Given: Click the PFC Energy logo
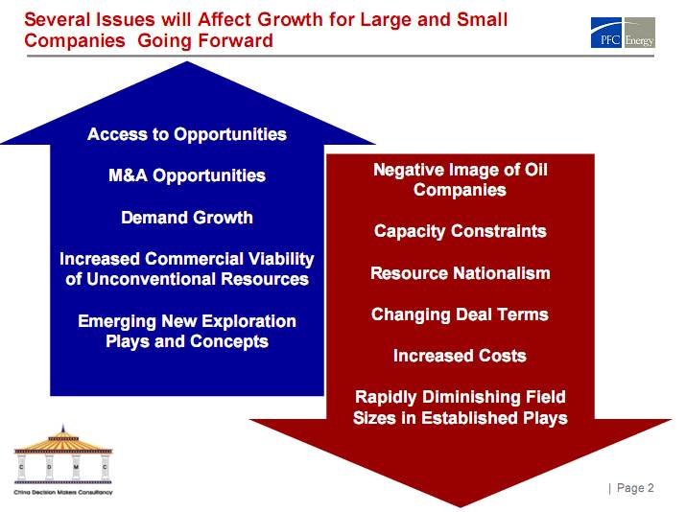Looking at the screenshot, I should tap(623, 35).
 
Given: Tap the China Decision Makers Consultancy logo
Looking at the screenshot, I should tap(63, 459).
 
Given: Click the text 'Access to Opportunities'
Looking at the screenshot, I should tap(187, 134).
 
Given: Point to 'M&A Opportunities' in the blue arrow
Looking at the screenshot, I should tap(187, 175).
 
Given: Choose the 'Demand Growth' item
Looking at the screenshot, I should tap(187, 218).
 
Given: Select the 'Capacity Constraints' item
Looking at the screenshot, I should tap(461, 231).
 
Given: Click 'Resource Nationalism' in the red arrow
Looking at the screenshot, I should tap(461, 273).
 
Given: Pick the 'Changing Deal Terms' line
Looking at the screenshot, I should tap(461, 314).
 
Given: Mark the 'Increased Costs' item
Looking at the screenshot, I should tap(461, 356).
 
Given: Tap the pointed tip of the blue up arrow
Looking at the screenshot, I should tap(188, 65).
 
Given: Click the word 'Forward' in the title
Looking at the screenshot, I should tap(237, 40).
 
